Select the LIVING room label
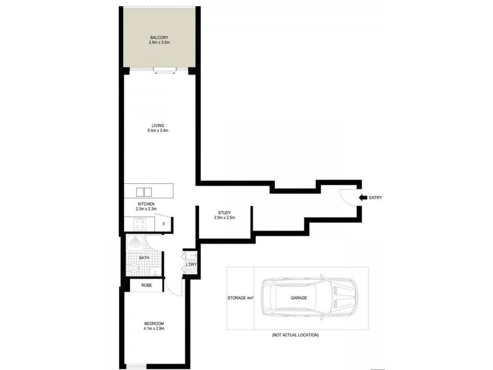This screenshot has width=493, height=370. [x=158, y=125]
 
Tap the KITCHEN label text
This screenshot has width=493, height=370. [x=146, y=204]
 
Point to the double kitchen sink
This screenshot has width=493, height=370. [x=144, y=191]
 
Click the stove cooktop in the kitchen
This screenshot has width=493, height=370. [x=133, y=224]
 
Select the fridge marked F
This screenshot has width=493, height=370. [x=164, y=224]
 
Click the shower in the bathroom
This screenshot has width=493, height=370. [x=134, y=244]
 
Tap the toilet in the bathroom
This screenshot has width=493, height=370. [x=134, y=268]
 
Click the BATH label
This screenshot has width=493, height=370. [x=144, y=258]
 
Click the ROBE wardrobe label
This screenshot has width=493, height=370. [x=147, y=286]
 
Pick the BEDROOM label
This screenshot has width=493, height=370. [x=155, y=323]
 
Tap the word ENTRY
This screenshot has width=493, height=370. [x=376, y=197]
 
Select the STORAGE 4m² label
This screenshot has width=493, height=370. [x=240, y=298]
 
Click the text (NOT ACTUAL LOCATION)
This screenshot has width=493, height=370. [x=295, y=335]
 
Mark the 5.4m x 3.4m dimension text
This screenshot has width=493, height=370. [x=158, y=131]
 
